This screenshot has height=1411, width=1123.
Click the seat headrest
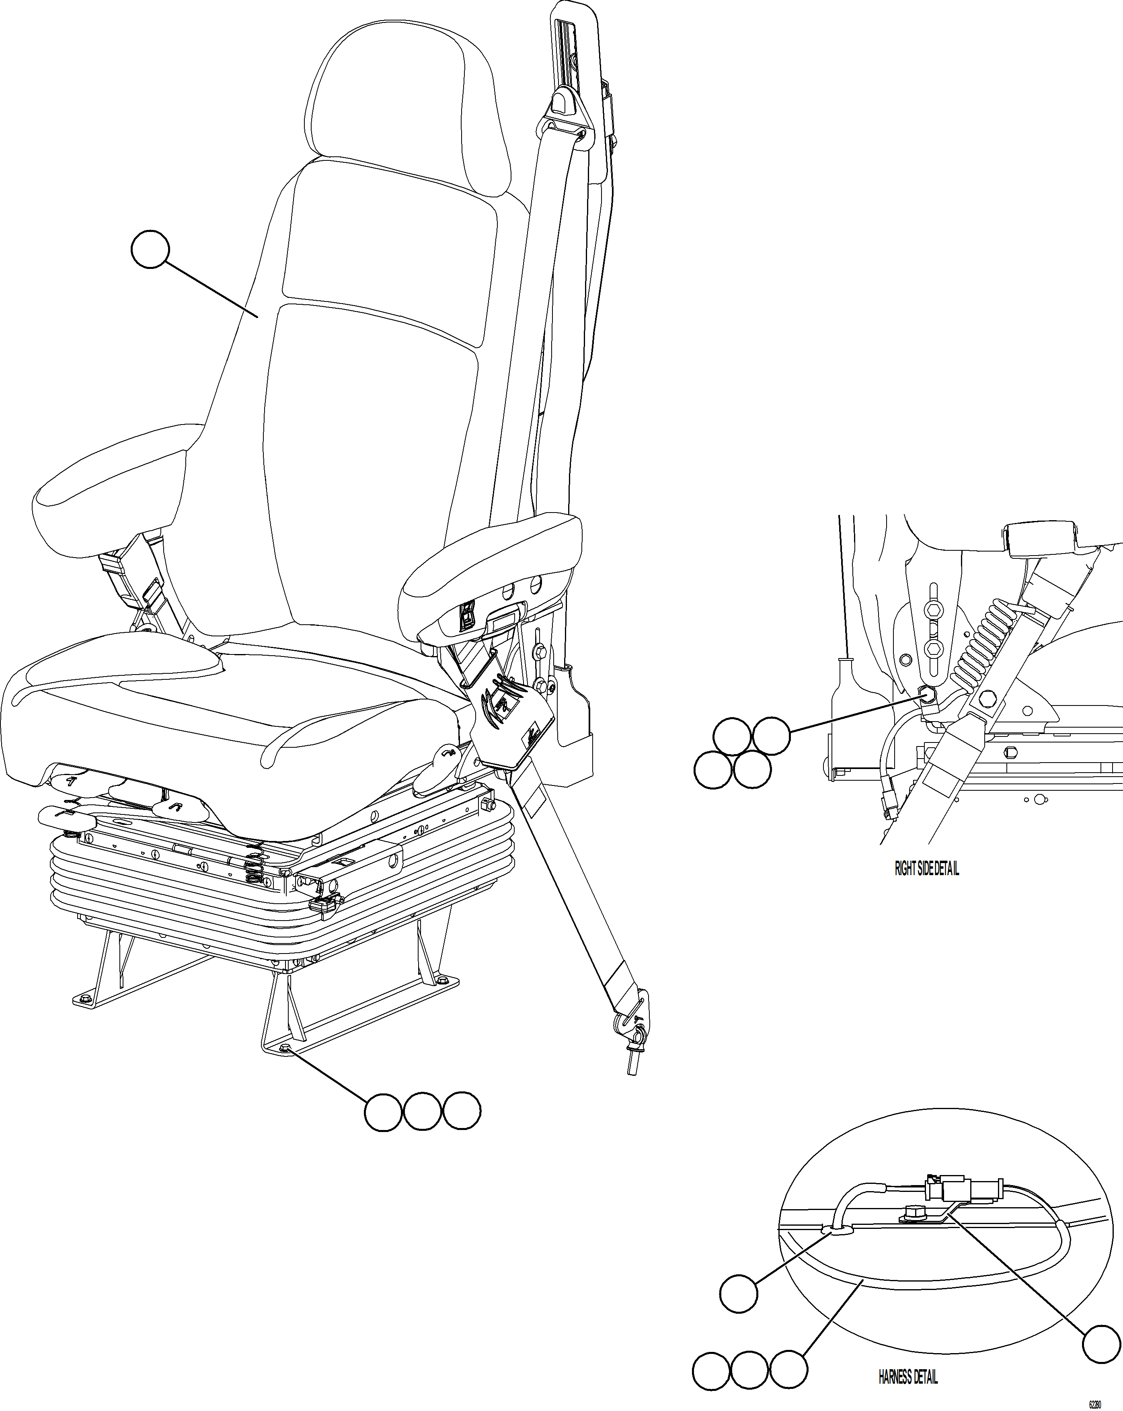(x=409, y=98)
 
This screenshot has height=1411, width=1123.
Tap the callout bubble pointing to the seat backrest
(x=150, y=249)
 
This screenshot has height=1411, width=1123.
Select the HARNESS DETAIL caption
(x=908, y=1377)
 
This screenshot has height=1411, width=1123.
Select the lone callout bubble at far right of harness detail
(x=1101, y=1344)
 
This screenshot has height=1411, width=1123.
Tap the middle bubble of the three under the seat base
(x=422, y=1111)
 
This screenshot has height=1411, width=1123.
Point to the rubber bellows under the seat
(x=196, y=896)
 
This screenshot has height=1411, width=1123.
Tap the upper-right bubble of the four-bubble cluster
(x=771, y=736)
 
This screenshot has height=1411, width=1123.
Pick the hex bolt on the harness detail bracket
(x=912, y=1213)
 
